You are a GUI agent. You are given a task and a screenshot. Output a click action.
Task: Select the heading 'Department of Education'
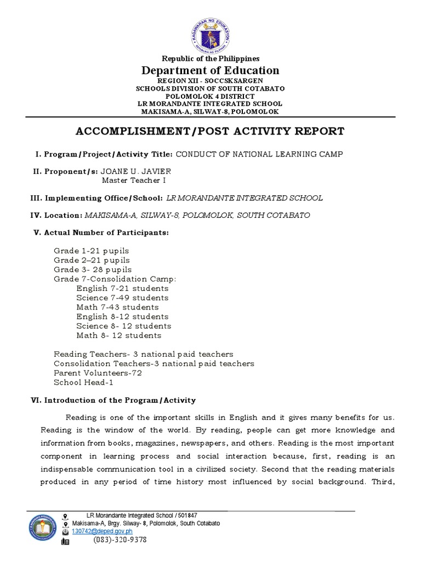click(x=210, y=70)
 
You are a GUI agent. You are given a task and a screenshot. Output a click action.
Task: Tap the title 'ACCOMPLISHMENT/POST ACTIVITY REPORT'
click(x=210, y=131)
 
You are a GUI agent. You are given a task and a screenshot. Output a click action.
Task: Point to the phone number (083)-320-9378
click(x=119, y=540)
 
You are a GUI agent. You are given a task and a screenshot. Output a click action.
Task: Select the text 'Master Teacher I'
click(x=134, y=180)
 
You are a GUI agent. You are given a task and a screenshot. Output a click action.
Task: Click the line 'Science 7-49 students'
click(x=122, y=298)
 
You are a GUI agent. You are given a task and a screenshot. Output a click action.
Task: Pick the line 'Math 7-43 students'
click(x=117, y=307)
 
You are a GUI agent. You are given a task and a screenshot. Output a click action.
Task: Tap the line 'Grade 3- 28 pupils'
click(x=92, y=269)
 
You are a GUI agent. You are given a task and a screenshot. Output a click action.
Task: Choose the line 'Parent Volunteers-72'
click(x=98, y=373)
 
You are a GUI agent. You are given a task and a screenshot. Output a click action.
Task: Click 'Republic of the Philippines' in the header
click(x=210, y=59)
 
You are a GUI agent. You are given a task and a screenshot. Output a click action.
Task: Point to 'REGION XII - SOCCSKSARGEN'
click(x=210, y=80)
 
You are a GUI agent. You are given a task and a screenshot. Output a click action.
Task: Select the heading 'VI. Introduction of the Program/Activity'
click(x=113, y=401)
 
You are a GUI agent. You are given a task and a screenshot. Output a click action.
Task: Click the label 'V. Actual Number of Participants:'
click(x=101, y=233)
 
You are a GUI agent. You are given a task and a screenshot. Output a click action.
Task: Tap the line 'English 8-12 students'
click(x=122, y=317)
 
